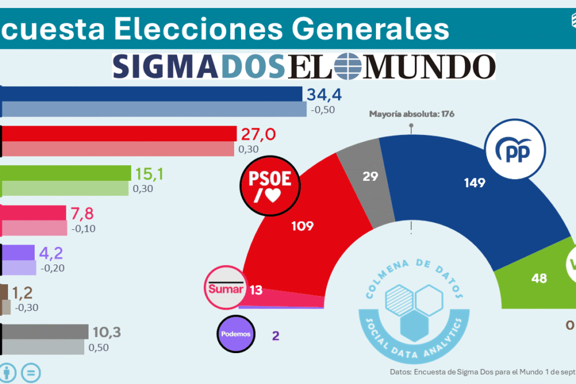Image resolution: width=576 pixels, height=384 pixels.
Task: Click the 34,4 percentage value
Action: click(x=324, y=95)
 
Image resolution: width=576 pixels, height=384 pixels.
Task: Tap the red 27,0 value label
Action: click(x=258, y=134)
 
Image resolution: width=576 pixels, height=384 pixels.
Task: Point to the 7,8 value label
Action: click(x=83, y=214)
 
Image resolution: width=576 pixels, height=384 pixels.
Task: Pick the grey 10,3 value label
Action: click(x=106, y=333)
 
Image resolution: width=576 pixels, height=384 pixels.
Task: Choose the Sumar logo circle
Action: click(x=225, y=289)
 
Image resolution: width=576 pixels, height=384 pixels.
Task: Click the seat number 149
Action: click(x=475, y=183)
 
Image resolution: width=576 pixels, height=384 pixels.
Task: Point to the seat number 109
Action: click(x=302, y=226)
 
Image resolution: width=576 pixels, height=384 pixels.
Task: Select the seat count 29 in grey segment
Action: click(x=370, y=177)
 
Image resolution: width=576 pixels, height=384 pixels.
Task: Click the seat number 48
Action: click(x=539, y=278)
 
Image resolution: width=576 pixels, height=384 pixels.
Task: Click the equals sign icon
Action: click(x=31, y=373)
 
